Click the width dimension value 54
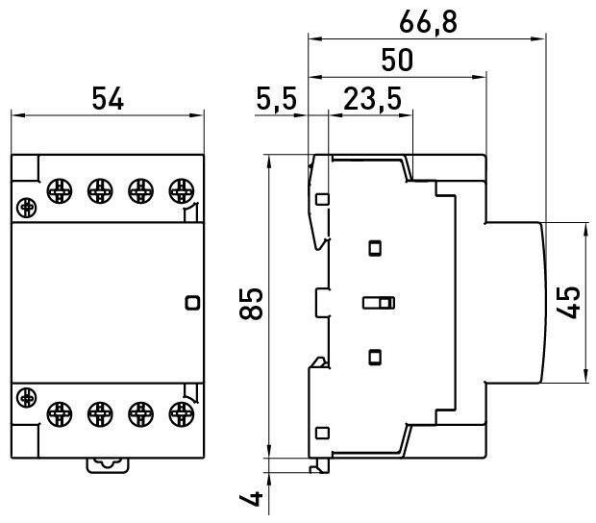tap(108, 98)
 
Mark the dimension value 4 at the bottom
tap(251, 500)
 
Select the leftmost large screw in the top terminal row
tap(58, 188)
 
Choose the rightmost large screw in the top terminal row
tap(178, 188)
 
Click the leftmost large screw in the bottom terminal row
tap(58, 414)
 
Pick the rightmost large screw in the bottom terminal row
tap(178, 414)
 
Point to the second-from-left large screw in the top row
tap(98, 188)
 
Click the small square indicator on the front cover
tap(191, 302)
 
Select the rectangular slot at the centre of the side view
tap(378, 304)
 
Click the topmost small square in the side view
tap(322, 200)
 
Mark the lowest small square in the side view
tap(322, 432)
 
